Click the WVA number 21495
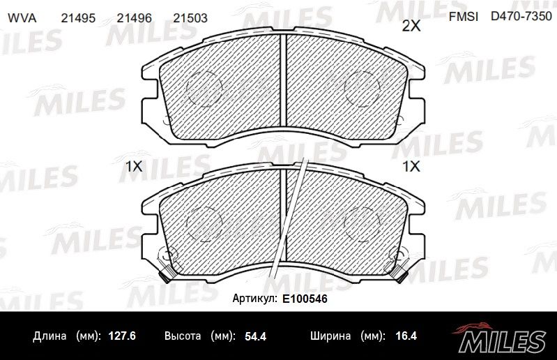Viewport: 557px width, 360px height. pos(78,18)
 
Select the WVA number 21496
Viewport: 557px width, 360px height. pos(135,18)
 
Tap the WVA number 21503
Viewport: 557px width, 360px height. pos(190,18)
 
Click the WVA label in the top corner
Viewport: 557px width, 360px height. pos(22,18)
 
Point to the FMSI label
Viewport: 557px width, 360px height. pos(463,17)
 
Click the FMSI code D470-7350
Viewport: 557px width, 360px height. pos(521,16)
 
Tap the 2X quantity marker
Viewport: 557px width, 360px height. pos(411,26)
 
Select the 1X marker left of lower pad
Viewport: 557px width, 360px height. pos(135,166)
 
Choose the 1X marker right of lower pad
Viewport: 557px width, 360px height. pos(411,166)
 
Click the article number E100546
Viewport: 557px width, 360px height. pos(305,299)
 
